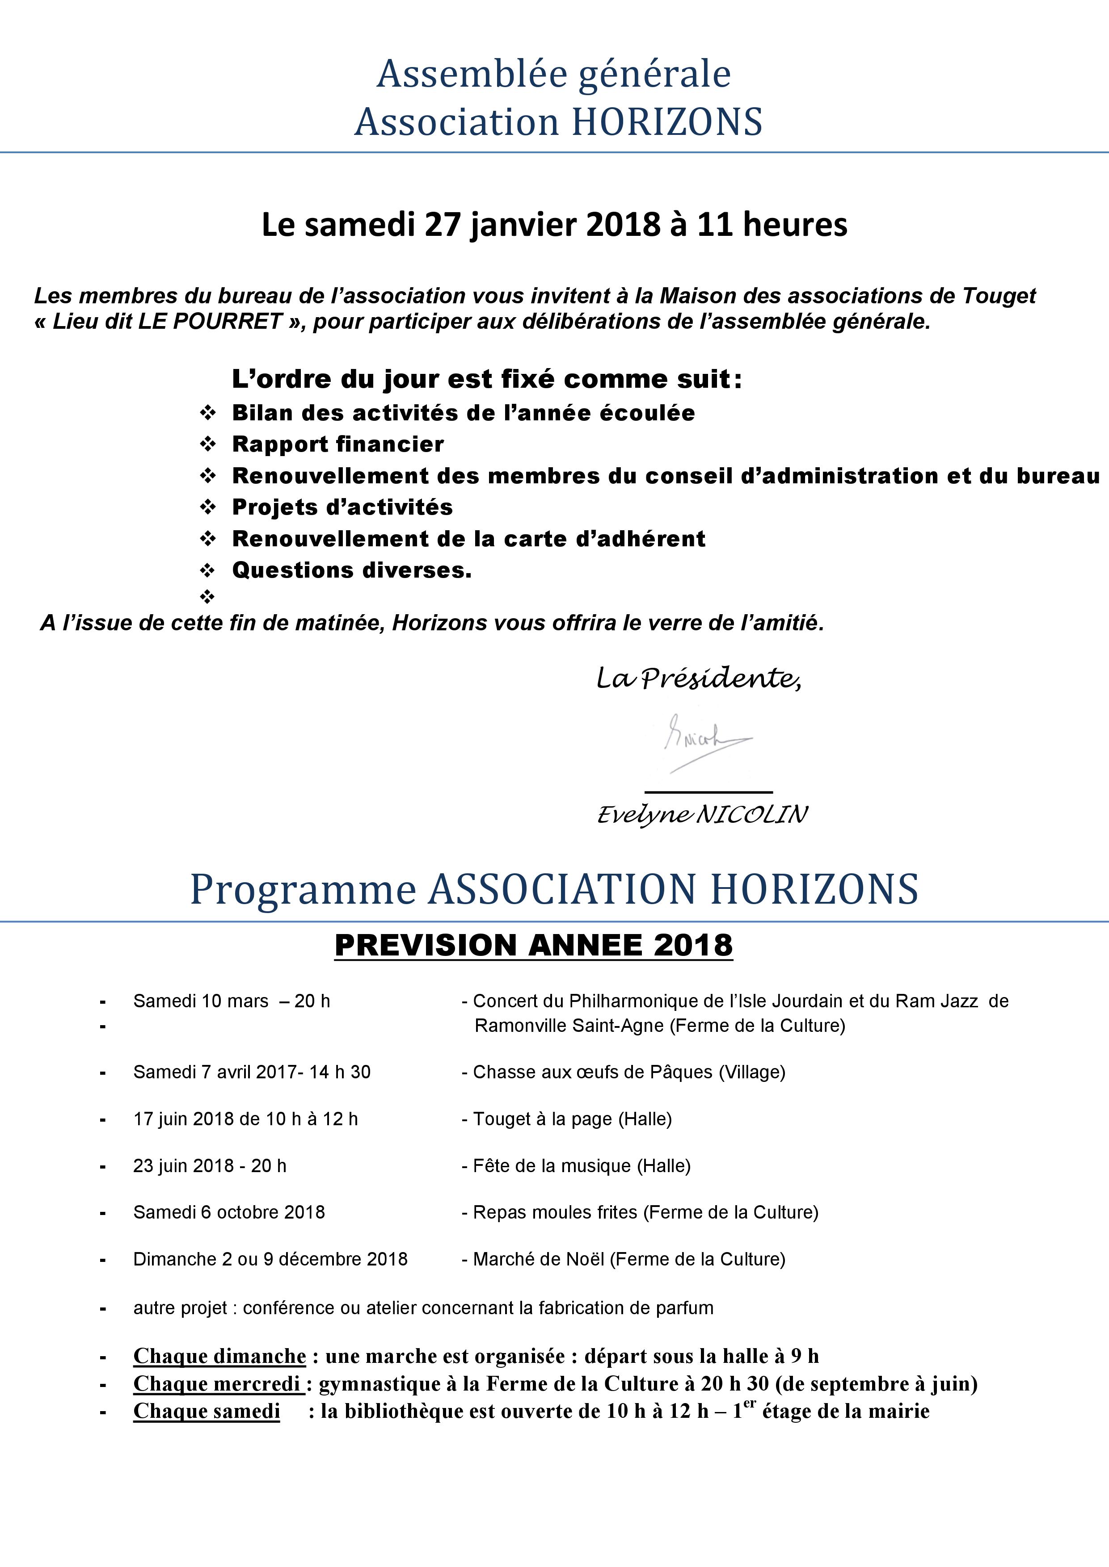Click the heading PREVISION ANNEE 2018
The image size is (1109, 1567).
[x=533, y=945]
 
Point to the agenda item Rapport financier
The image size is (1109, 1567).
[x=338, y=444]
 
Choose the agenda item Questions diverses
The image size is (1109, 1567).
[x=352, y=570]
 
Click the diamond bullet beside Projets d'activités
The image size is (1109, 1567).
[x=207, y=507]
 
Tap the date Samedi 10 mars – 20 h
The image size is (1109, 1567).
[x=232, y=1001]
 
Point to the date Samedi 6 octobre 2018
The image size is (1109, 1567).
[x=229, y=1212]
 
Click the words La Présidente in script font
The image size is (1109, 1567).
[x=698, y=679]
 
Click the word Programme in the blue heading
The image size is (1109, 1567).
[x=303, y=889]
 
